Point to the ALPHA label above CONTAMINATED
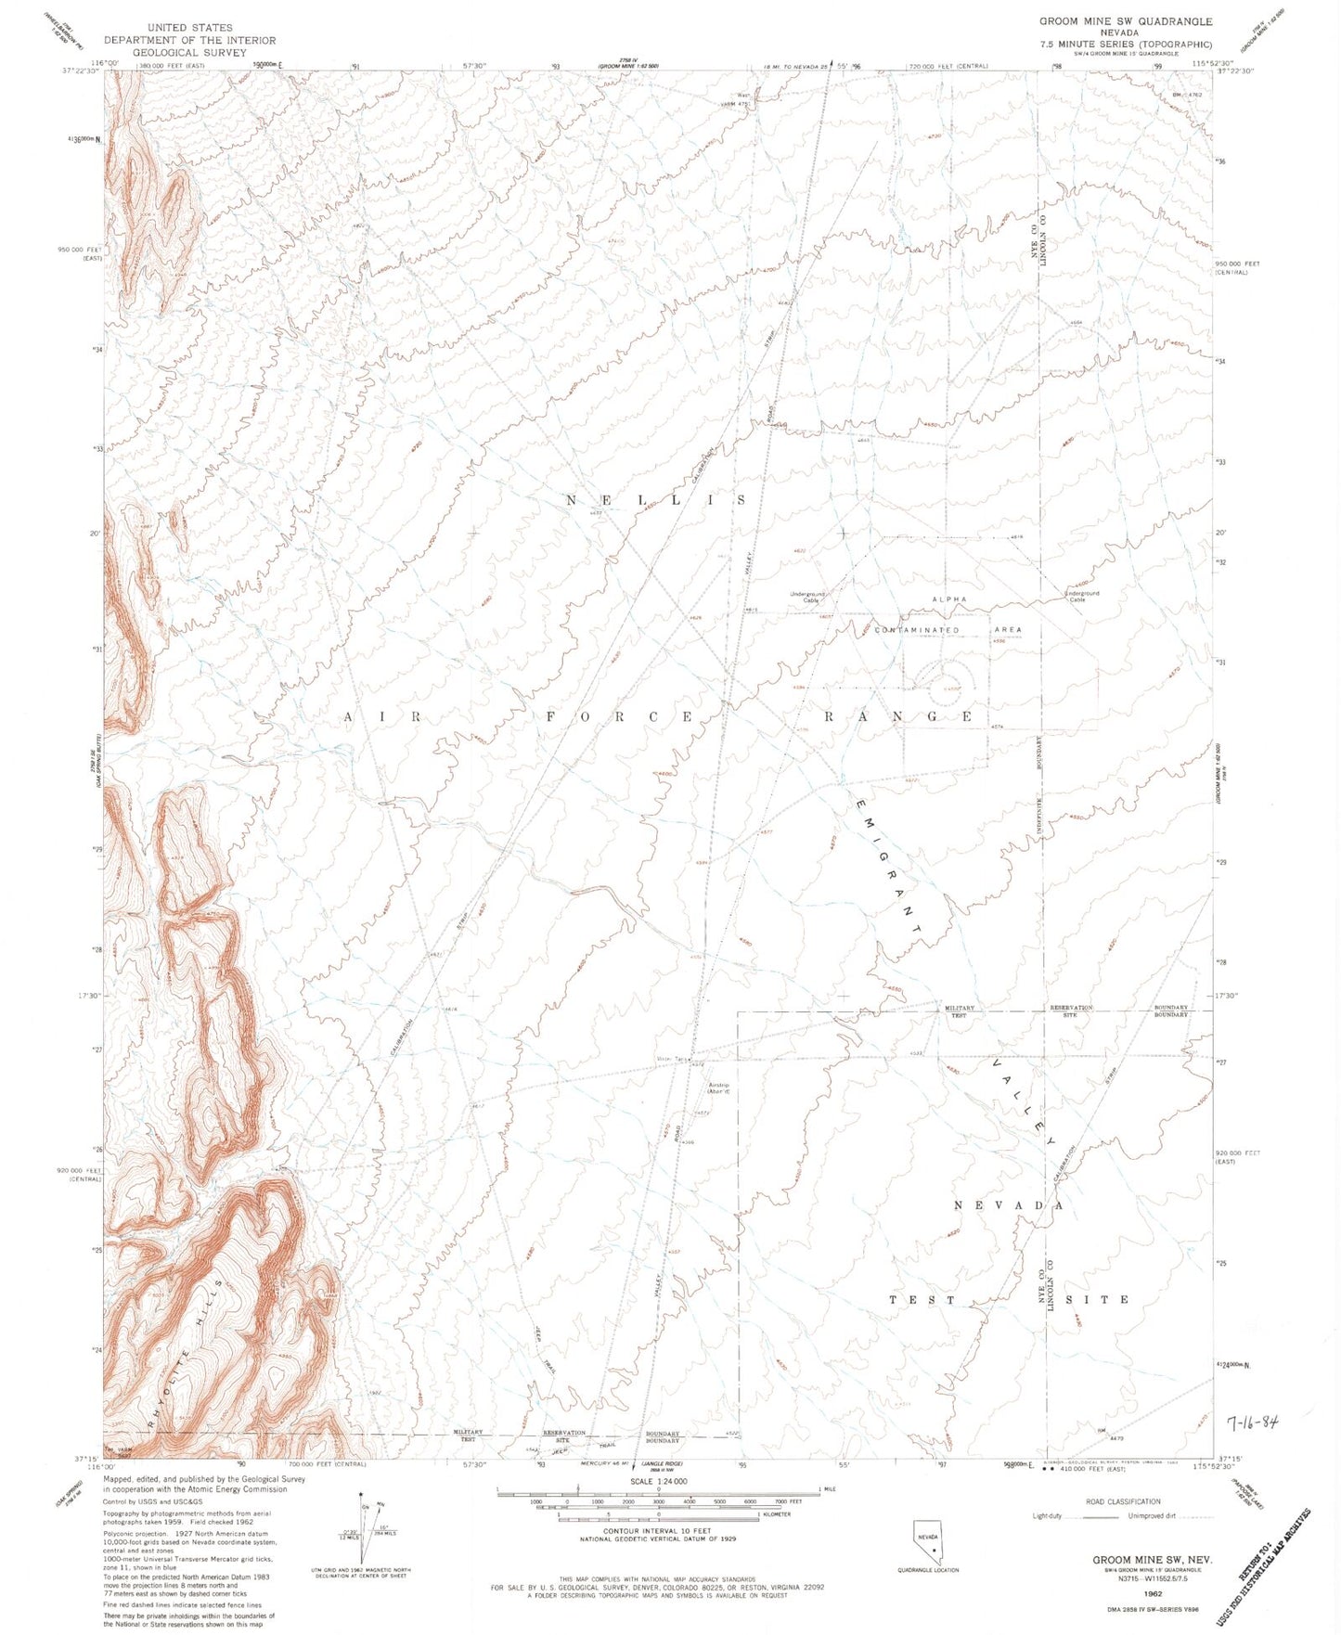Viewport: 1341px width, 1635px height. tap(949, 600)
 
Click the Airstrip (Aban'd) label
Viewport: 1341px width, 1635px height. tap(719, 1089)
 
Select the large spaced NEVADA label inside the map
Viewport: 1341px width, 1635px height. tap(1008, 1205)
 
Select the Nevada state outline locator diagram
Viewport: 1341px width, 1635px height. tap(928, 1540)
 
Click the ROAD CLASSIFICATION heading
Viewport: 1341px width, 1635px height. tap(1123, 1501)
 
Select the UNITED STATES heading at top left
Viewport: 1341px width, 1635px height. tap(189, 28)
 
